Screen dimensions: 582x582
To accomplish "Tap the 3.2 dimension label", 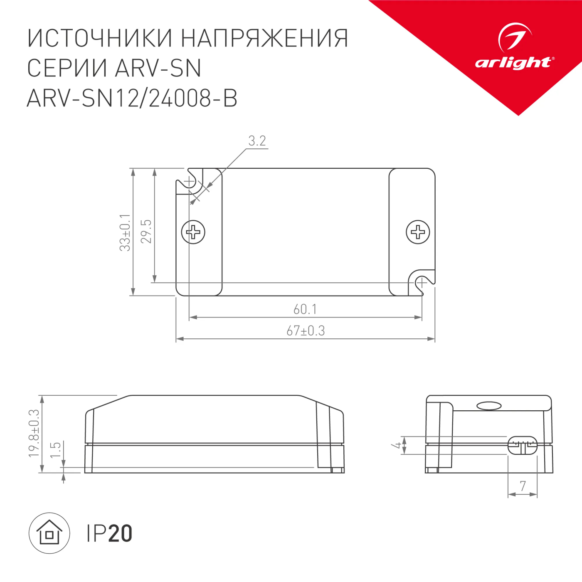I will [x=257, y=141].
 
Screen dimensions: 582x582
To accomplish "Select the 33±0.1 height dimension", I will [x=125, y=232].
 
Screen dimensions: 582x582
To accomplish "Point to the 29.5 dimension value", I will [x=146, y=232].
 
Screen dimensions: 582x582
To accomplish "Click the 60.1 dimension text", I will [x=305, y=309].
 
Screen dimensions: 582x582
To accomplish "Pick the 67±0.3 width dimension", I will [x=306, y=331].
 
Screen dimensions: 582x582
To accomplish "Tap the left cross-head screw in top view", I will [x=193, y=232].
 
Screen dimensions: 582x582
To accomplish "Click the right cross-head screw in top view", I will [x=418, y=232].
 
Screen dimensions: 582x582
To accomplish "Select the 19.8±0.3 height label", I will [x=34, y=433].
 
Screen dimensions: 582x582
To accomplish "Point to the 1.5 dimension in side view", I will [x=55, y=450].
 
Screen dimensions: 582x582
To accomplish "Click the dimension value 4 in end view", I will [x=397, y=445].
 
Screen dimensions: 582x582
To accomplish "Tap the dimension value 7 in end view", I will [x=523, y=486].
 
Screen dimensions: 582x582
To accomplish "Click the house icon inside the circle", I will [x=49, y=533].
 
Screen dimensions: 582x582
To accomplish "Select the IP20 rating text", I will [x=109, y=533].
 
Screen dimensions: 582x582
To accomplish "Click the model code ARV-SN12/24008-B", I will [x=132, y=99].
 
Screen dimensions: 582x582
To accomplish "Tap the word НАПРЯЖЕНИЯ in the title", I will [x=264, y=38].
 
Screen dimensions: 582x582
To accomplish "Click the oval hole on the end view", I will [x=489, y=406].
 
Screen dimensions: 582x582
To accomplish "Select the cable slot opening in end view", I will [x=523, y=445].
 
